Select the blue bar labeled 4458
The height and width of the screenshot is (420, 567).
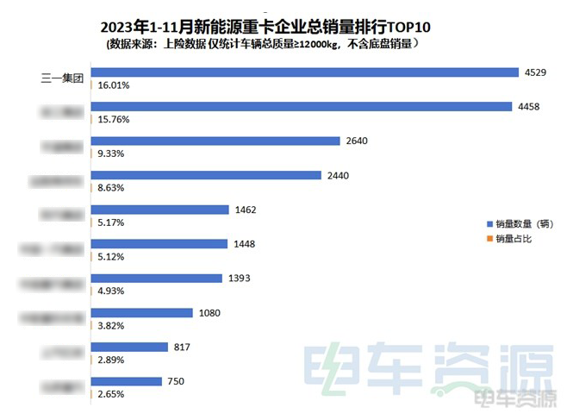301,106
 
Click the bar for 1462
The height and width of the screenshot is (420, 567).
160,209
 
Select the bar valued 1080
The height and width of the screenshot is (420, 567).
143,312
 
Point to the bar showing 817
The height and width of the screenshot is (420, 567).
130,347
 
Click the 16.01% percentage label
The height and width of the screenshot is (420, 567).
113,85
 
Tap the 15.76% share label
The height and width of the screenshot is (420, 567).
113,120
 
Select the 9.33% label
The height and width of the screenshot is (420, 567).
110,154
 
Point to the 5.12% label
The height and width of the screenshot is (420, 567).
110,257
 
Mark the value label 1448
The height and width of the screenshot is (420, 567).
245,243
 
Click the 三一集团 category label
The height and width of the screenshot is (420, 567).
60,78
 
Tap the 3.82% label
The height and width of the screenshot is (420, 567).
110,326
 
